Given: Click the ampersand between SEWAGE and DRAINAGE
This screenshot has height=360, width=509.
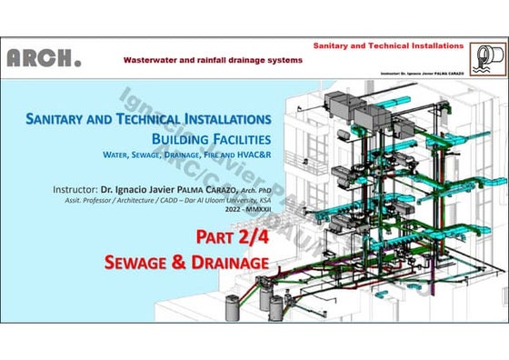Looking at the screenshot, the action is [x=190, y=263].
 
